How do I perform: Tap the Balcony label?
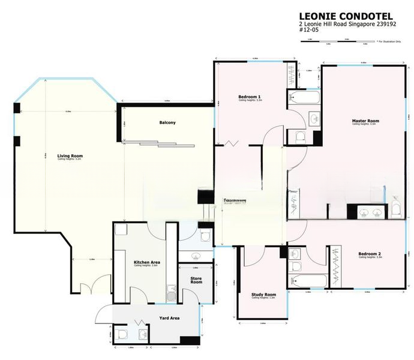click(167, 123)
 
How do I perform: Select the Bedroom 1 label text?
click(249, 97)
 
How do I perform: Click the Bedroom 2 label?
click(370, 254)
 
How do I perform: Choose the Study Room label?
click(263, 295)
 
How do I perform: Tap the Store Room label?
click(196, 280)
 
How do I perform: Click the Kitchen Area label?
click(146, 262)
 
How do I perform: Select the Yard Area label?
click(170, 318)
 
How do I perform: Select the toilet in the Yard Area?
click(124, 334)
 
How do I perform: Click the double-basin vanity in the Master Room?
click(369, 211)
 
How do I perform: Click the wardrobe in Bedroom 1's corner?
click(294, 74)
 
